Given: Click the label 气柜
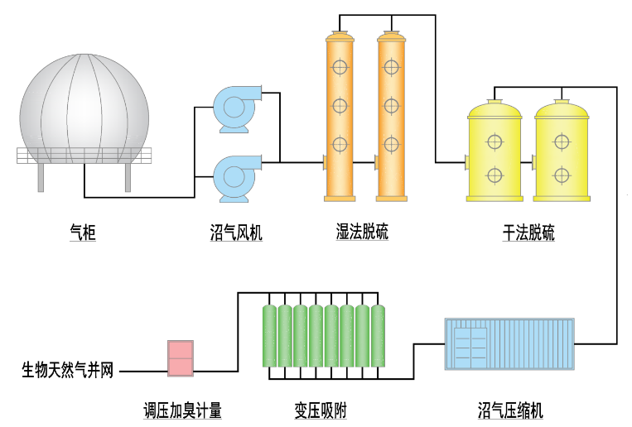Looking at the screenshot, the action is [x=83, y=233].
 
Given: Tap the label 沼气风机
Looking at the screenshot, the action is [x=236, y=233].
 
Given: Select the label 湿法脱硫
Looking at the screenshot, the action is [x=362, y=232].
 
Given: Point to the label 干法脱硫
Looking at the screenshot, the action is [x=528, y=233].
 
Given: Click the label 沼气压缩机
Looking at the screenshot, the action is [x=510, y=410].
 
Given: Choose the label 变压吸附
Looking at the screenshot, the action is [x=321, y=410].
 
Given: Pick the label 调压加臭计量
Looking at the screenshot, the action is [x=182, y=410].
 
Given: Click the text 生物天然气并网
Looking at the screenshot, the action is [x=68, y=370].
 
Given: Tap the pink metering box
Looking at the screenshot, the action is [x=181, y=358].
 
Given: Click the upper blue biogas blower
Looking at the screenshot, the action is [x=237, y=108].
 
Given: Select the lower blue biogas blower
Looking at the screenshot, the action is [x=237, y=179].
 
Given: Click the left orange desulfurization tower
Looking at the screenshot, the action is [x=340, y=116].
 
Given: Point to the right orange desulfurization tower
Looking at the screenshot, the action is [x=391, y=116].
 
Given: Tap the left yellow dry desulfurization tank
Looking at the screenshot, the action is [x=495, y=151].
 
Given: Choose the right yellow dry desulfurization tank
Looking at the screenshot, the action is [x=562, y=151].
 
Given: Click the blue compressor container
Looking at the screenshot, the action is [x=509, y=343].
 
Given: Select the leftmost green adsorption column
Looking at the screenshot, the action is [x=269, y=336].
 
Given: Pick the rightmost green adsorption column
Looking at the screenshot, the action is [x=378, y=336].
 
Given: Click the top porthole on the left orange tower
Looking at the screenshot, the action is [x=340, y=67].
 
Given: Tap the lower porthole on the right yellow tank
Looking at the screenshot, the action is [x=562, y=175].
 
